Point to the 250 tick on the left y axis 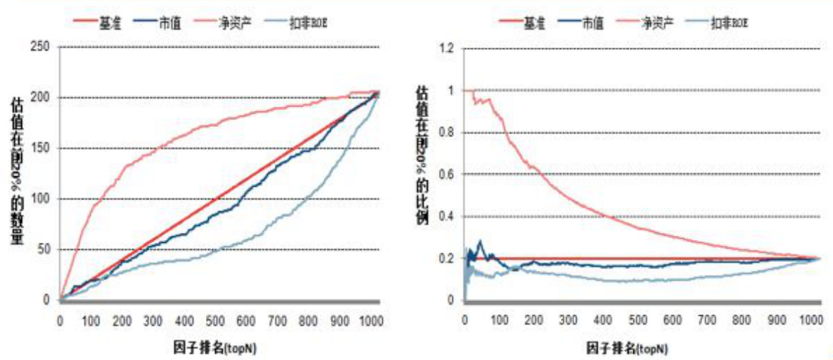[41, 47]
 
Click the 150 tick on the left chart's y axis [41, 148]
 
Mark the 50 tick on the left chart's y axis [44, 250]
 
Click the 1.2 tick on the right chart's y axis [446, 49]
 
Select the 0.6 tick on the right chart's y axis [446, 175]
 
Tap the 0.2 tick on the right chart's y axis [446, 258]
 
